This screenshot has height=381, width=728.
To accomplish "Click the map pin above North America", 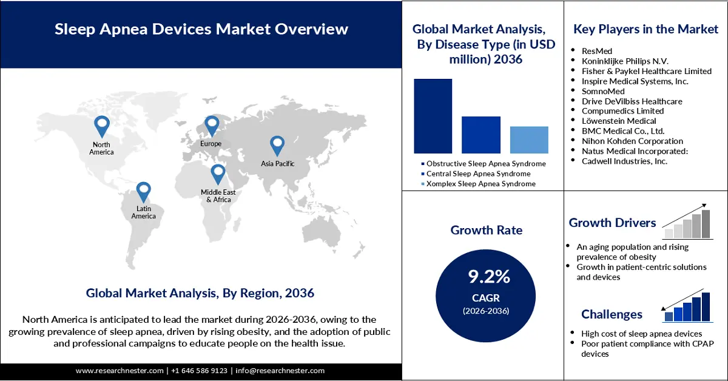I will [102, 126].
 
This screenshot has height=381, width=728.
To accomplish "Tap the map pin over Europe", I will [211, 126].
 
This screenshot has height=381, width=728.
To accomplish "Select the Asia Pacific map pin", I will [277, 145].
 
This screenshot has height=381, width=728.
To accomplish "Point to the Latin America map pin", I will [143, 192].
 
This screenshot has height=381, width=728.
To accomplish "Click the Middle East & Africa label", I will [218, 196].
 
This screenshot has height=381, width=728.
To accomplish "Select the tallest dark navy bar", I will [433, 116].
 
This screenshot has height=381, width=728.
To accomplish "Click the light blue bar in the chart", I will [529, 140].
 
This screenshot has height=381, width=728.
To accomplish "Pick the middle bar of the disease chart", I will [481, 135].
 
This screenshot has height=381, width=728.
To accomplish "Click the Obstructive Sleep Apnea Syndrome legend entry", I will [485, 164].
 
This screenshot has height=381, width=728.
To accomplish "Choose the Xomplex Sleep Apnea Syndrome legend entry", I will [480, 183].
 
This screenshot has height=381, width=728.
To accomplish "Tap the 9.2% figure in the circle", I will [489, 277].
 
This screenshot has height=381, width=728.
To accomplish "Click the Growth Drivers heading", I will [612, 223].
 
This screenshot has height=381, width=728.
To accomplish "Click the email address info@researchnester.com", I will [280, 371].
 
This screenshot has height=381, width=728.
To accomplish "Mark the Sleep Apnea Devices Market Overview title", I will [201, 29].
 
